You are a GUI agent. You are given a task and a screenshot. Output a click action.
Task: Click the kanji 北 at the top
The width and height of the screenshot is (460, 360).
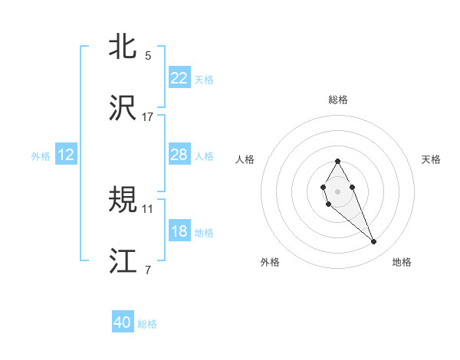tap(123, 47)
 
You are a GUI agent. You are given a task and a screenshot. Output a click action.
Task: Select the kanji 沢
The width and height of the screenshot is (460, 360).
tap(123, 108)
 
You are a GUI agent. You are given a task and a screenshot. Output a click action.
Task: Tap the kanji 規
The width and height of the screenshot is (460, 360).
tap(123, 200)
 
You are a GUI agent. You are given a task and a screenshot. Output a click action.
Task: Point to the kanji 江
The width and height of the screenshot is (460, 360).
tap(123, 261)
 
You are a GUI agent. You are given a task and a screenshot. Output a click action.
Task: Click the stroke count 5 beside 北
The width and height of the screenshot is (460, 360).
tap(148, 56)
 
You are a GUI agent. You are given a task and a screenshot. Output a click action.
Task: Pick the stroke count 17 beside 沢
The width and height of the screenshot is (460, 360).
tap(148, 117)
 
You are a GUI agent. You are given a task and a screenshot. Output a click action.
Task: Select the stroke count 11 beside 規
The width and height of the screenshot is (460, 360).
tap(148, 208)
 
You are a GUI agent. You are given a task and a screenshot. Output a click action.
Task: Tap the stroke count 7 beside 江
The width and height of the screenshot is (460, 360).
tap(148, 270)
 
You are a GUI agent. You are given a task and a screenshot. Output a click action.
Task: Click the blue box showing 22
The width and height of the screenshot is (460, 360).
tap(179, 78)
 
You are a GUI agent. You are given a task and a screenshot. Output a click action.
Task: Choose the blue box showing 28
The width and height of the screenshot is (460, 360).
tap(179, 155)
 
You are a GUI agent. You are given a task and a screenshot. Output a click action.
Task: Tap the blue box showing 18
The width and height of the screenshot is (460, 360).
tap(179, 231)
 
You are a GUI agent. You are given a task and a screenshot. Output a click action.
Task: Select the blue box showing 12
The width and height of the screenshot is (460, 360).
tap(66, 155)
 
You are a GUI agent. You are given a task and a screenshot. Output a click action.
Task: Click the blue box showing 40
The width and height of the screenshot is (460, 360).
tap(123, 323)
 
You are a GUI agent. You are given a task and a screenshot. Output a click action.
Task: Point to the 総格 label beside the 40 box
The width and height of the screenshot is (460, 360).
tap(147, 324)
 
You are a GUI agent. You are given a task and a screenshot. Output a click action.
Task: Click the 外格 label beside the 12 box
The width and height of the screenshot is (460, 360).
tap(41, 155)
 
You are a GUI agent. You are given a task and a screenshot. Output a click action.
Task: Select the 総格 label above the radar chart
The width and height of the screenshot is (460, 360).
tap(338, 100)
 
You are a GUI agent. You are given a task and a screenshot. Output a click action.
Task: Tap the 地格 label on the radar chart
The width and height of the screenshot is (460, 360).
tap(402, 263)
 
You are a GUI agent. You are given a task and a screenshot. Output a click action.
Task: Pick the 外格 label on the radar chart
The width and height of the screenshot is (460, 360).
tap(270, 263)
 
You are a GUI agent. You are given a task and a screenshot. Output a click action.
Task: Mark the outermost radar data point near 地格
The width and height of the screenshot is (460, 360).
tap(374, 242)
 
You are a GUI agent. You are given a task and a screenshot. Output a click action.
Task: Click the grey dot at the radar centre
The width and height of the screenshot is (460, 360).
tap(337, 190)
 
